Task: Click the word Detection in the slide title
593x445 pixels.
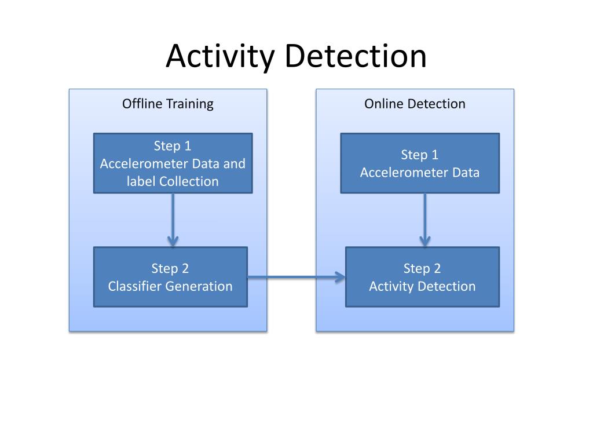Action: coord(355,56)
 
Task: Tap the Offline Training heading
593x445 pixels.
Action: coord(167,104)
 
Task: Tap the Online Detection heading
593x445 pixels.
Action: coord(415,104)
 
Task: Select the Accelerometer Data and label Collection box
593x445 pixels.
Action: coord(173,163)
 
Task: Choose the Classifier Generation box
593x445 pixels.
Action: coord(170,277)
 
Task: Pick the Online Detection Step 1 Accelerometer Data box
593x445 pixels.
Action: coord(420,163)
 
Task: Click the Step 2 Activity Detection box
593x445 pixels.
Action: coord(422,277)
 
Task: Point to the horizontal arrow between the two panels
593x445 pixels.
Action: coord(296,277)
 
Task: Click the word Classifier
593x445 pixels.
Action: coord(135,286)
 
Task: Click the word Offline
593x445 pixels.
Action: coord(142,104)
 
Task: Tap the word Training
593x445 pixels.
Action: coord(190,104)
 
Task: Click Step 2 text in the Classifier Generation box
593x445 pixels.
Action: coord(170,268)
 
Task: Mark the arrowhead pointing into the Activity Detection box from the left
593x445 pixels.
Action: coord(341,277)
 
